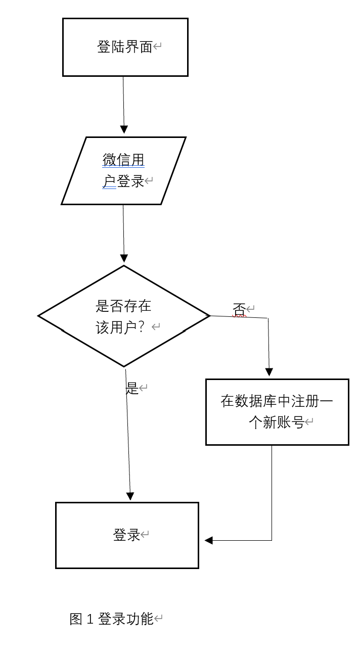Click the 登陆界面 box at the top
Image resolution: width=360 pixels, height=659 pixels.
pos(125,47)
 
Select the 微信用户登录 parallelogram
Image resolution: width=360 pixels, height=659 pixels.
pos(123,171)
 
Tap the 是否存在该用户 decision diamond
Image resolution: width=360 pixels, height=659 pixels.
pos(123,316)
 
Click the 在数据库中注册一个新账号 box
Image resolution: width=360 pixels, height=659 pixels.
pos(277,412)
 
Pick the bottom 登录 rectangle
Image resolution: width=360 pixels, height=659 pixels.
pos(126,535)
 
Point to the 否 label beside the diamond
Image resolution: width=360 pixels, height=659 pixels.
pos(239,309)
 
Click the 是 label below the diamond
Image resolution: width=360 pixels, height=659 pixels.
pos(131,388)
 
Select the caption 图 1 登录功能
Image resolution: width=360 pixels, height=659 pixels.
pos(111,619)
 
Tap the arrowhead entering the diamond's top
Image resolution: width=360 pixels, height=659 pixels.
pos(123,258)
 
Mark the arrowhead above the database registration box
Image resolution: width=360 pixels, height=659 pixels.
pos(269,372)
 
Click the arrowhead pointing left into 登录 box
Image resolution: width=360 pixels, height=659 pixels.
pos(208,540)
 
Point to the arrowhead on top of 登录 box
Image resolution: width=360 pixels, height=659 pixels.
pos(130,496)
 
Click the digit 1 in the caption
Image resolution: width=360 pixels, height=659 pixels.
pos(91,619)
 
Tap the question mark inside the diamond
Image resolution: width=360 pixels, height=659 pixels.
pos(141,327)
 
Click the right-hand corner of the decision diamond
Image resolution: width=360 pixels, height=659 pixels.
pos(209,316)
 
